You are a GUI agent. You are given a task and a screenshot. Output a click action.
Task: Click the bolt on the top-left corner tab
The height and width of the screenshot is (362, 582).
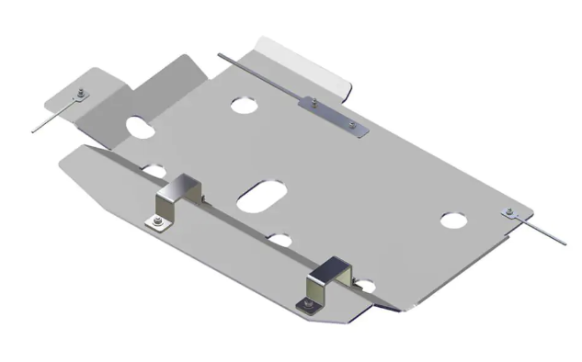coord(82,92)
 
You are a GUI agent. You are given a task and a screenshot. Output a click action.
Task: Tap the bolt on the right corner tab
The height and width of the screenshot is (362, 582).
coord(509,214)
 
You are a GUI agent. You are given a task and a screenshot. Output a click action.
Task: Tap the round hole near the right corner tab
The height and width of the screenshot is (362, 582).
coord(452,221)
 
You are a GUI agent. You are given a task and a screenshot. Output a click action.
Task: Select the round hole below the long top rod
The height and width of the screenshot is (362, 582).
coord(245,105)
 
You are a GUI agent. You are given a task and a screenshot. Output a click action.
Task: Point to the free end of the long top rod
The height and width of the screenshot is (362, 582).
coord(221,59)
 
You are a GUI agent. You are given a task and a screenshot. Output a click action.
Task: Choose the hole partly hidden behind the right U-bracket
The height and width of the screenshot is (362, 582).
coord(365,285)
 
